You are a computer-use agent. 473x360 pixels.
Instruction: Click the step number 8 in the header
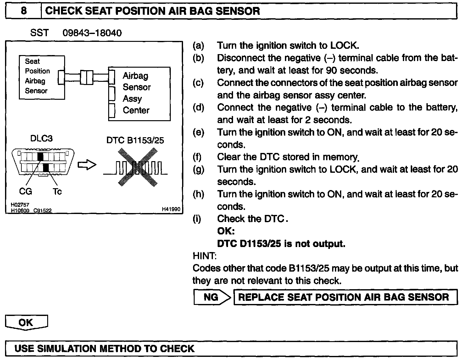tap(23, 11)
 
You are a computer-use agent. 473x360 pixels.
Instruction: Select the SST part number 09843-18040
tap(92, 33)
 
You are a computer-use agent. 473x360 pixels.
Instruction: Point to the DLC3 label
tap(41, 138)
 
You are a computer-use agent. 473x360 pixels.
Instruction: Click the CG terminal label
tap(25, 191)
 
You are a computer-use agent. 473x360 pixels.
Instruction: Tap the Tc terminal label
tap(57, 191)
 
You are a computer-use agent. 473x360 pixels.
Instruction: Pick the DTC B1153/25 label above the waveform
tap(135, 140)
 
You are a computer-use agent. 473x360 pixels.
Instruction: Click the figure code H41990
tap(171, 209)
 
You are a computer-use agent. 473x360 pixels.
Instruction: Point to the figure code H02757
tap(20, 205)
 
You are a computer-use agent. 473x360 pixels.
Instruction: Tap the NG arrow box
tap(211, 297)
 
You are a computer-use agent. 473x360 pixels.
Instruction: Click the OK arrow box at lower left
tap(26, 322)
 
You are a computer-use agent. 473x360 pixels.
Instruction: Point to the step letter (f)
tap(198, 157)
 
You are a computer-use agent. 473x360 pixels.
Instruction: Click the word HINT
tap(204, 256)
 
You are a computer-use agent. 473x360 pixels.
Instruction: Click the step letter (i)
tap(198, 219)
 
